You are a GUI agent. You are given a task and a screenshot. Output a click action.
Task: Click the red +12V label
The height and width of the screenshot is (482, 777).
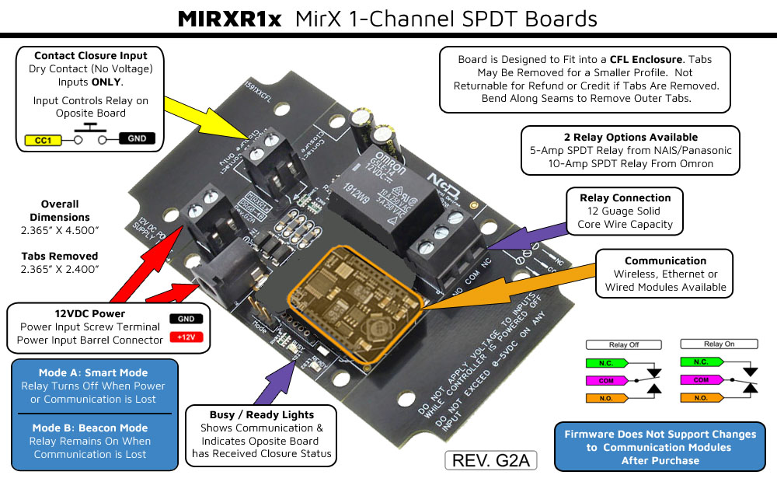point(185,337)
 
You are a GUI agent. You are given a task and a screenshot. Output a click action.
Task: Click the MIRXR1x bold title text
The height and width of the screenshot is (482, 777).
point(231,18)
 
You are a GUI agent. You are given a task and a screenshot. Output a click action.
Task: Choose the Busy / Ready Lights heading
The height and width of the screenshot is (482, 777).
point(262,414)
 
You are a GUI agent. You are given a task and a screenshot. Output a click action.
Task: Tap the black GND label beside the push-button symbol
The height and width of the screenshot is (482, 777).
point(136,140)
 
